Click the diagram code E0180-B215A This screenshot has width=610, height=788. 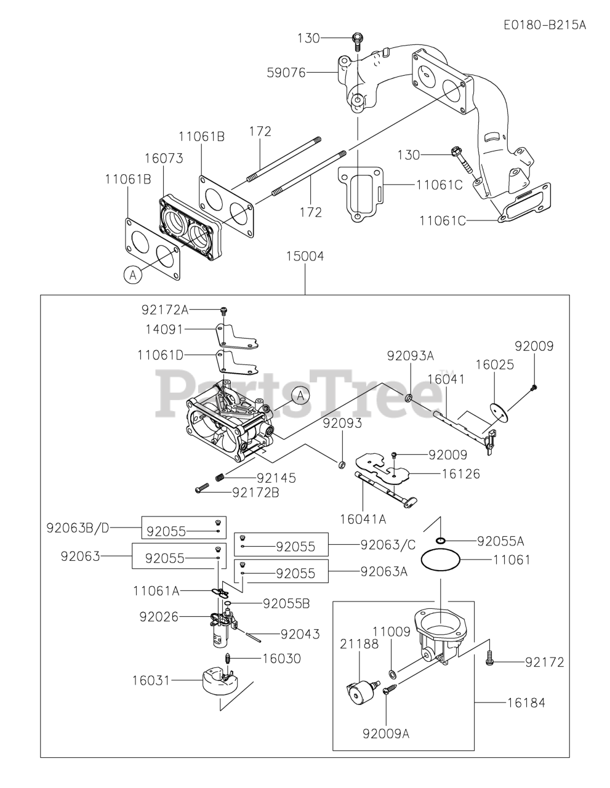point(544,25)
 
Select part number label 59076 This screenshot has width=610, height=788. point(286,73)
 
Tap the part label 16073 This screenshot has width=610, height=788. point(163,158)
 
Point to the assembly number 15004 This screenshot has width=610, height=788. point(304,255)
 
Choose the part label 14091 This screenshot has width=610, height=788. point(163,329)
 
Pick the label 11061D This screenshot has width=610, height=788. point(160,355)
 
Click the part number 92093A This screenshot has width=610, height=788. point(411,355)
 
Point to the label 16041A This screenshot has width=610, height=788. point(363,518)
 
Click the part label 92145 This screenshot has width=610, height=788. point(276,477)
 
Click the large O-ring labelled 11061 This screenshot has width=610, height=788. point(440,560)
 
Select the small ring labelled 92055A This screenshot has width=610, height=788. point(441,541)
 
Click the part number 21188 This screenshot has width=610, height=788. point(355,643)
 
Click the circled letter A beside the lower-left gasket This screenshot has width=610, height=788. point(132,275)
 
